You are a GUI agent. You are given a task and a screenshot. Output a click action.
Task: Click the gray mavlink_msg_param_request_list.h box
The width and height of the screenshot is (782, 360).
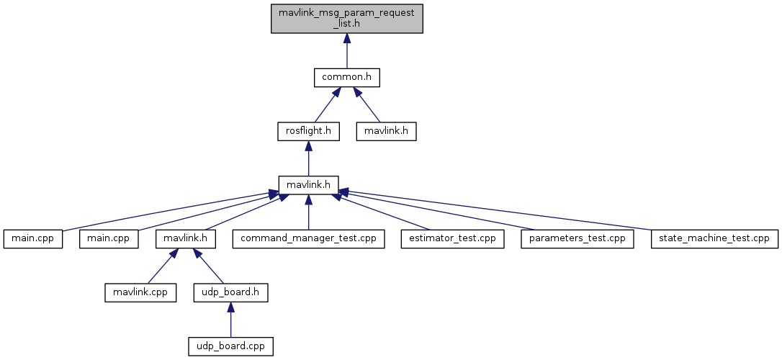pyautogui.click(x=346, y=19)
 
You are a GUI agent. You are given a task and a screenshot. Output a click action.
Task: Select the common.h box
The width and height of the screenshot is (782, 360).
pyautogui.click(x=346, y=77)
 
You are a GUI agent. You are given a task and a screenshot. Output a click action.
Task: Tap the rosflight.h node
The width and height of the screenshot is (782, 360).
pyautogui.click(x=309, y=131)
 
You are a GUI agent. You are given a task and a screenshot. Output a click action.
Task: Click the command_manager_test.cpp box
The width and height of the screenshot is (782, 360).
pyautogui.click(x=308, y=239)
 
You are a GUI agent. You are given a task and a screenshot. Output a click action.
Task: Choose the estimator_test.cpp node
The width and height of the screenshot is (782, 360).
pyautogui.click(x=453, y=239)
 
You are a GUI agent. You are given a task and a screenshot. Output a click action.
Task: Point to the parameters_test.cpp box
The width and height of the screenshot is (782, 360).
pyautogui.click(x=577, y=239)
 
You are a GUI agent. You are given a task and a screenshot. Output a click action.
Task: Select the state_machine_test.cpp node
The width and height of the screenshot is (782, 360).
pyautogui.click(x=714, y=239)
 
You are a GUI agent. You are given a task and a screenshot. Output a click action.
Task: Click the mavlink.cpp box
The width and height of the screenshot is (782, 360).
pyautogui.click(x=140, y=292)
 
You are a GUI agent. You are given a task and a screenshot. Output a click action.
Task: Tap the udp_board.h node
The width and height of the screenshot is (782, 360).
pyautogui.click(x=230, y=292)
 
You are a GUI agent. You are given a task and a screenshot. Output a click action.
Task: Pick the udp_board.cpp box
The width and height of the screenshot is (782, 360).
pyautogui.click(x=230, y=346)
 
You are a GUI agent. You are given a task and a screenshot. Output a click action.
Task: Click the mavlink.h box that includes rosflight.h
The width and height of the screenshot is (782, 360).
pyautogui.click(x=309, y=185)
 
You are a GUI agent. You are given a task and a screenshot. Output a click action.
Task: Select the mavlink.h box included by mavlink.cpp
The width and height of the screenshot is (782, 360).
pyautogui.click(x=186, y=239)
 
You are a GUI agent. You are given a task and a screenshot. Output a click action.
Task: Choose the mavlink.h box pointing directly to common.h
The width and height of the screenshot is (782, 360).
pyautogui.click(x=386, y=131)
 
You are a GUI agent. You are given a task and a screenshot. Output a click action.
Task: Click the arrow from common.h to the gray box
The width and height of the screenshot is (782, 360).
pyautogui.click(x=346, y=51)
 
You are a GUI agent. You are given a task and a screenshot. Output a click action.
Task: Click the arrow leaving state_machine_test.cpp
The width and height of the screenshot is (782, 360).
pyautogui.click(x=495, y=210)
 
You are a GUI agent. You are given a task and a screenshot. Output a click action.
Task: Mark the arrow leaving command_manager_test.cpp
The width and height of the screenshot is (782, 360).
pyautogui.click(x=309, y=212)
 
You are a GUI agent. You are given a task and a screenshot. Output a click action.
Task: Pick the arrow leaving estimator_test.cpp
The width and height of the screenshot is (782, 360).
pyautogui.click(x=379, y=212)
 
